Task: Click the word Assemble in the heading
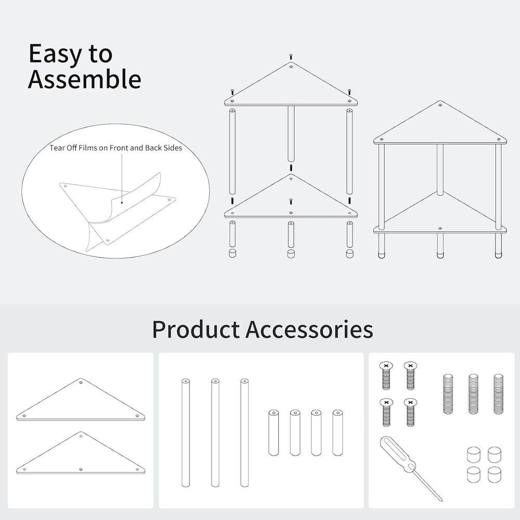click(x=85, y=79)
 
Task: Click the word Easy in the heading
click(x=55, y=54)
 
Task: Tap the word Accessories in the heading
click(x=309, y=329)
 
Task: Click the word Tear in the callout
click(x=57, y=148)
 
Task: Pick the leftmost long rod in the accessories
click(x=186, y=433)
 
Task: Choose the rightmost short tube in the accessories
click(x=337, y=433)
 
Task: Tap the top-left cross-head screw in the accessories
click(x=385, y=376)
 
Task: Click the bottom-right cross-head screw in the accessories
click(x=410, y=412)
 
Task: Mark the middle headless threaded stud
click(x=473, y=394)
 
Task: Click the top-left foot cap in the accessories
click(x=474, y=454)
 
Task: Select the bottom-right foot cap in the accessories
click(x=495, y=475)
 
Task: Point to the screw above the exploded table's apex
click(x=291, y=56)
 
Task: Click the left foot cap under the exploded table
click(x=232, y=253)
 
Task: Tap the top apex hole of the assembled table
click(x=440, y=106)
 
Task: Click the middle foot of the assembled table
click(x=440, y=246)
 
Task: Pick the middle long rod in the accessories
click(x=215, y=433)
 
